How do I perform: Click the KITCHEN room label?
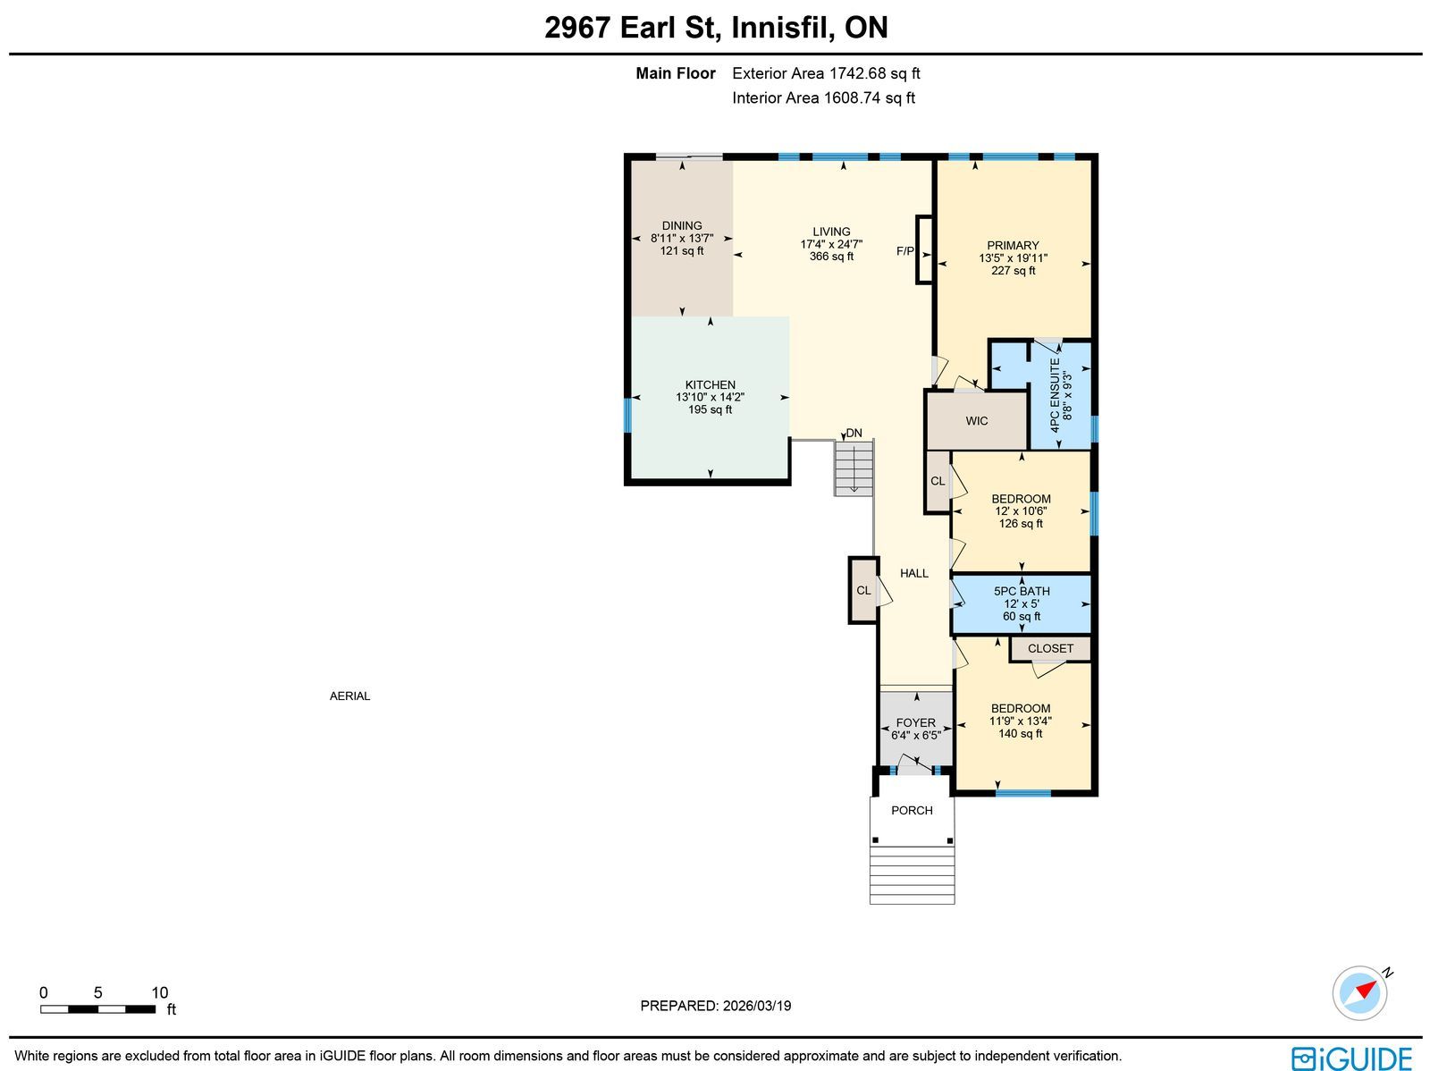pos(710,385)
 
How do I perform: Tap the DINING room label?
pos(681,225)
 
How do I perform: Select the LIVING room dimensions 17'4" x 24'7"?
pos(831,244)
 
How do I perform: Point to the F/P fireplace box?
pos(924,249)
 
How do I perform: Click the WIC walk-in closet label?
pos(977,421)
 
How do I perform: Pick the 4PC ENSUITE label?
pos(1055,395)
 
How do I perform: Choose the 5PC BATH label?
pos(1022,591)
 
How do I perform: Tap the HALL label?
pos(914,573)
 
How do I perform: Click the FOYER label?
pos(915,722)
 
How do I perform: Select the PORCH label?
pos(912,811)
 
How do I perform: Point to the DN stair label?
pos(854,434)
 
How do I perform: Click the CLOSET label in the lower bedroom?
pos(1050,649)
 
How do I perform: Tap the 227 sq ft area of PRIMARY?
pos(1013,270)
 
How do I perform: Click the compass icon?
pos(1359,993)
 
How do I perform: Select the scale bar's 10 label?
pos(160,993)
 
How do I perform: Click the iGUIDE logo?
pos(1351,1058)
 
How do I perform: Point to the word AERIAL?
pos(349,696)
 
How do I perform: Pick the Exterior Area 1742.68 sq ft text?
pos(826,73)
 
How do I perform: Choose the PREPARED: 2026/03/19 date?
pos(715,1006)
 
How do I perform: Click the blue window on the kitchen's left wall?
pos(628,416)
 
